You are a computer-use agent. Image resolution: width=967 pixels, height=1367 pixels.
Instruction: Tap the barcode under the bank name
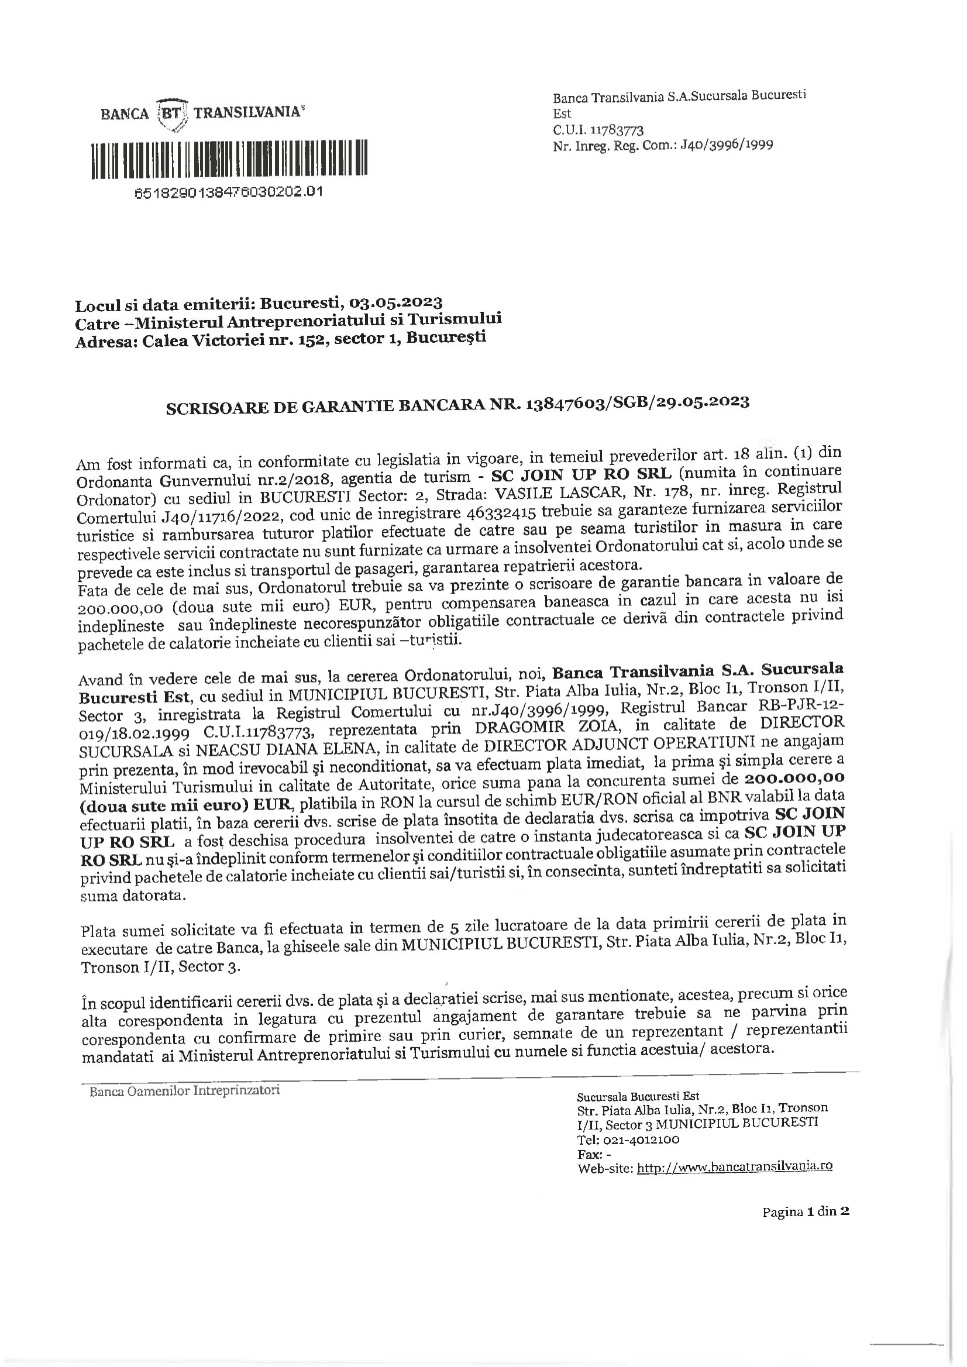click(x=229, y=159)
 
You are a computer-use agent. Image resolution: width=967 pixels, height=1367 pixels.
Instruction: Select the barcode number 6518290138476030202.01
click(x=229, y=192)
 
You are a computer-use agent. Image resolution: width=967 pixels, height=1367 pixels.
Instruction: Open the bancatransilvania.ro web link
click(x=734, y=1168)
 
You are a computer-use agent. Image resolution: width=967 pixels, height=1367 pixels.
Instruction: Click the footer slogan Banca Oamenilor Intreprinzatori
click(x=184, y=1091)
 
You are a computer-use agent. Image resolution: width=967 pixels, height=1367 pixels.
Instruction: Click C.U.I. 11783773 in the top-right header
click(x=598, y=130)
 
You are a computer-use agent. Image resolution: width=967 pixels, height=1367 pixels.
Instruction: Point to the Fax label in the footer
click(x=589, y=1154)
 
